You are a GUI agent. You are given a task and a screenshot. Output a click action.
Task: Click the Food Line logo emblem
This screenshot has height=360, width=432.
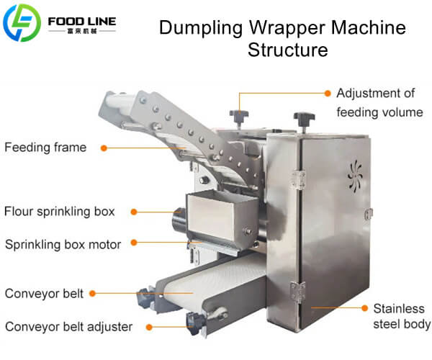tap(22, 22)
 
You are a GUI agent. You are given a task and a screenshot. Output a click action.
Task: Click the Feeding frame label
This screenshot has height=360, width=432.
tap(45, 148)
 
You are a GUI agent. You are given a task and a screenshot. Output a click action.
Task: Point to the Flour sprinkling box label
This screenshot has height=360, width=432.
tap(59, 212)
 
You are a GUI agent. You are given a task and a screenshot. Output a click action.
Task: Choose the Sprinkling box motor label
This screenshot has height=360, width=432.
tap(63, 243)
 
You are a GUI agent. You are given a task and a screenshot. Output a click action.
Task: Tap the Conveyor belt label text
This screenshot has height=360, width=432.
tap(43, 294)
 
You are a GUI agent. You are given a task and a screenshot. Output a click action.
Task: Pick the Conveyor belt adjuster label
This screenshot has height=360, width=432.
tap(68, 327)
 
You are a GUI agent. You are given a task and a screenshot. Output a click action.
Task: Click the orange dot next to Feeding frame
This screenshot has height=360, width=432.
tap(104, 148)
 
